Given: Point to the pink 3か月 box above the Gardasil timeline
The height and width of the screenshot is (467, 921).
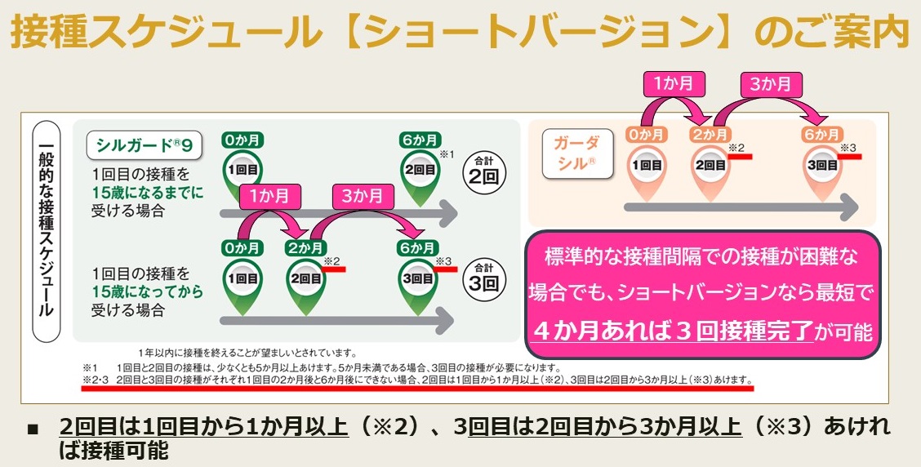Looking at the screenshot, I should click(771, 83).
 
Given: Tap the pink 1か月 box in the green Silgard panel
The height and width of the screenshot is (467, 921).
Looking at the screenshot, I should click(271, 196).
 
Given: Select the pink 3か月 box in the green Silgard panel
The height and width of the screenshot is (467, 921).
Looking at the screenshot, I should click(363, 196).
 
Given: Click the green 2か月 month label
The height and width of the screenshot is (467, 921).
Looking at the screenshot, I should click(306, 248).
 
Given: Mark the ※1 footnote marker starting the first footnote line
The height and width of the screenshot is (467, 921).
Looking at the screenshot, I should click(89, 367).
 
